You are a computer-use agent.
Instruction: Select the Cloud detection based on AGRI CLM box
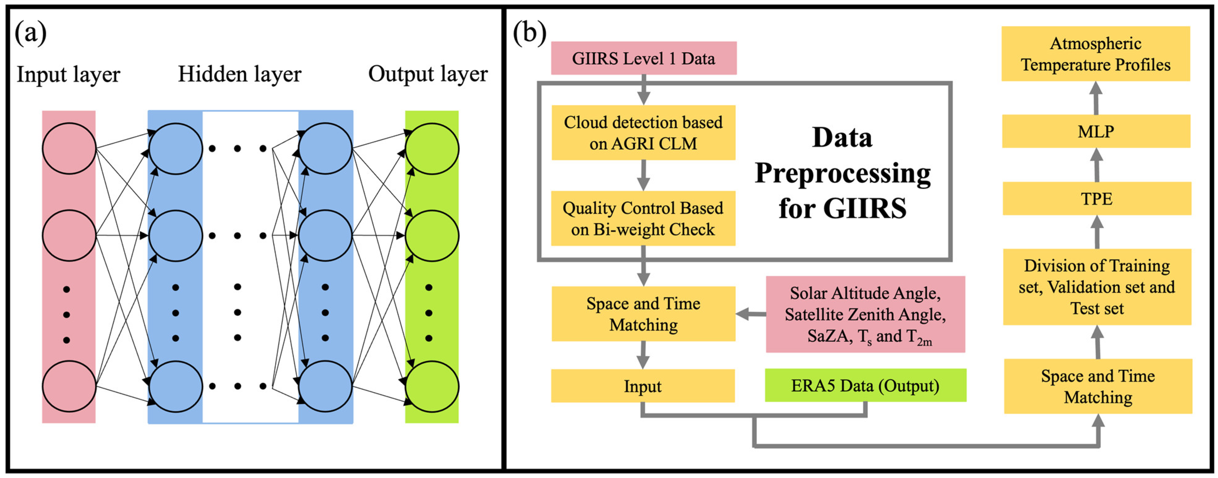pos(643,133)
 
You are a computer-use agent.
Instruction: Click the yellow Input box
pos(643,386)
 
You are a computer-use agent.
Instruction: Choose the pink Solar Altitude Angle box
pos(865,314)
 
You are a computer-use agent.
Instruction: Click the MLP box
pos(1096,131)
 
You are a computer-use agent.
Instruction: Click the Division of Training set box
pos(1097,287)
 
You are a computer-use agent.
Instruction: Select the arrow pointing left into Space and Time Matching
pos(751,313)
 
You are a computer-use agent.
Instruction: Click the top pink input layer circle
pos(69,148)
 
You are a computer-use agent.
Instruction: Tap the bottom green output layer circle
pos(432,386)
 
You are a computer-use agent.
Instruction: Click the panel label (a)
pos(31,33)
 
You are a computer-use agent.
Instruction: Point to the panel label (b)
pos(530,33)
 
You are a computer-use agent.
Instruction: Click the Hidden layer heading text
pos(239,74)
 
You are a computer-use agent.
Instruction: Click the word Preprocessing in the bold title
pos(843,173)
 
